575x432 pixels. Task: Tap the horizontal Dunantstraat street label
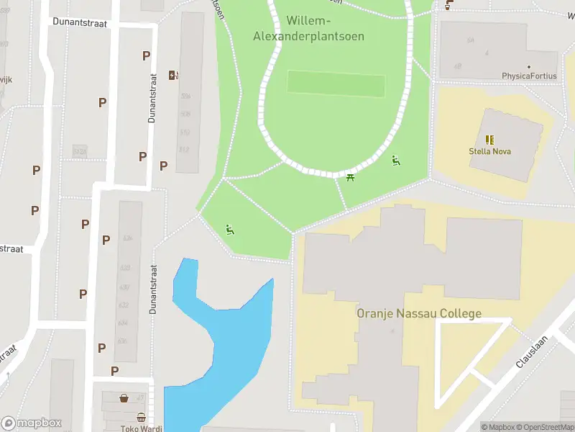point(80,22)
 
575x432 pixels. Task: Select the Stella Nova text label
point(489,152)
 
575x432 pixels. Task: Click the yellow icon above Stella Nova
point(489,140)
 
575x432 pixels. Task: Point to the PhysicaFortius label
point(529,76)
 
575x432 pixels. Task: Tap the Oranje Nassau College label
point(419,314)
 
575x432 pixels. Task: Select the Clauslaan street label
point(531,353)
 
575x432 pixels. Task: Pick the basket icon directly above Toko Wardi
point(141,417)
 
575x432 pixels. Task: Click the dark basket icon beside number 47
point(124,397)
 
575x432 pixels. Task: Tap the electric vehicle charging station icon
point(173,75)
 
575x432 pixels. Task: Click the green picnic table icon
point(351,177)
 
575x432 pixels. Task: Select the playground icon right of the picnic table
point(395,160)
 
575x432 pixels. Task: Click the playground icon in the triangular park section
point(229,230)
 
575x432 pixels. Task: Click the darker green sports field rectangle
point(336,84)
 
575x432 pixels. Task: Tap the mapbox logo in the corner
point(32,423)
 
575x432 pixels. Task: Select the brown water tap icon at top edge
point(449,5)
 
